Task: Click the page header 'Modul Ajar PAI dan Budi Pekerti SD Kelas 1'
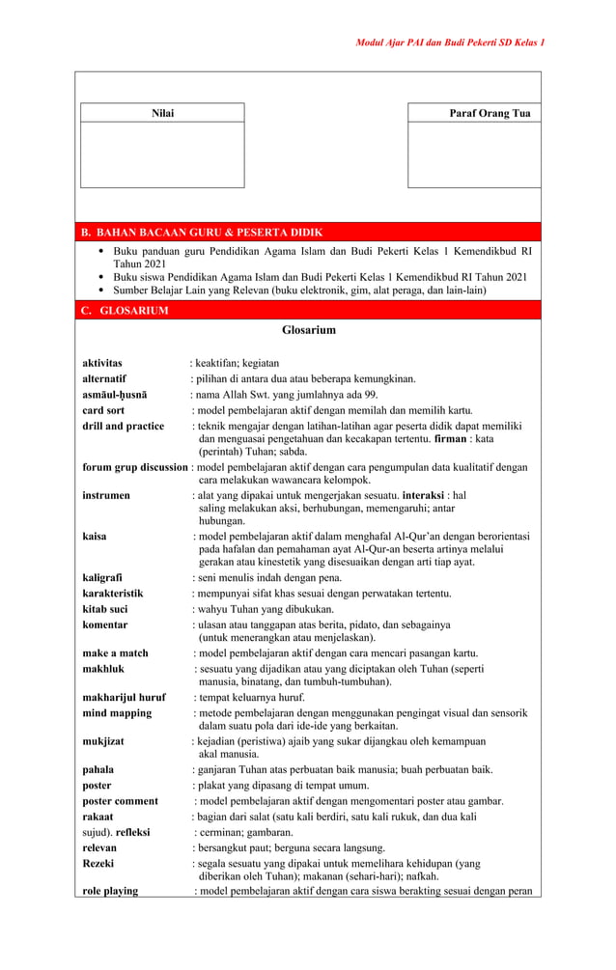pos(450,43)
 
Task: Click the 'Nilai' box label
pos(162,114)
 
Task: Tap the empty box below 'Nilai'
pos(162,154)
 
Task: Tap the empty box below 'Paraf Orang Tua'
pos(474,154)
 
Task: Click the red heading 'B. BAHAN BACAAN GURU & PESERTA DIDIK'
pos(202,233)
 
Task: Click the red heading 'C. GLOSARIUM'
pos(126,311)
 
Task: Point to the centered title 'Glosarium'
pos(308,330)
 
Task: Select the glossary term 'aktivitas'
pos(102,363)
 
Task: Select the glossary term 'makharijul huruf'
pos(124,697)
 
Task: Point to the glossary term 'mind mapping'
pos(117,713)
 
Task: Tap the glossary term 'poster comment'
pos(120,801)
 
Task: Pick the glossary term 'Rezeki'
pos(98,863)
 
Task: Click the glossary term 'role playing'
pos(110,891)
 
